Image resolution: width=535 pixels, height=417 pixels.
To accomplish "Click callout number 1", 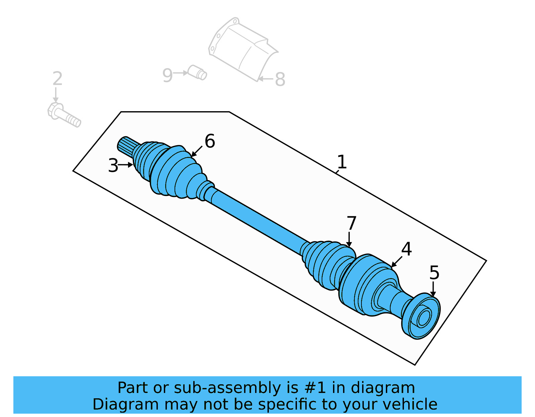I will [x=341, y=162].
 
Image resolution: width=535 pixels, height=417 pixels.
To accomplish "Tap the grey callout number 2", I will [x=58, y=79].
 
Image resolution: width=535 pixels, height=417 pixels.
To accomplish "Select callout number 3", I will [x=113, y=166].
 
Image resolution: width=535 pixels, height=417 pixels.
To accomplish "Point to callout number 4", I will [x=406, y=249].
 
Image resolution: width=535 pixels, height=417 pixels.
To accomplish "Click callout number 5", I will [x=434, y=273].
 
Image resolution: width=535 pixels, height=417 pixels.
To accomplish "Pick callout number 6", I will [x=210, y=141].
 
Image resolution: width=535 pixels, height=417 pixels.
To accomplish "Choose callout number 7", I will [x=351, y=223].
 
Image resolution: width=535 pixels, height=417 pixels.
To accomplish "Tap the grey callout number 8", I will [x=280, y=79].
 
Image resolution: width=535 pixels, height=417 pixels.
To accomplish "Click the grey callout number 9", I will [x=167, y=75].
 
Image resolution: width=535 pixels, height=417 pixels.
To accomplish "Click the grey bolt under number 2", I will [x=64, y=115].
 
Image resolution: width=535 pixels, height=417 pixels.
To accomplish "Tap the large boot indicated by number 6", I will [x=177, y=174].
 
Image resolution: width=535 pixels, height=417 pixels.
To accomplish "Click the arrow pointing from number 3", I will [x=126, y=165].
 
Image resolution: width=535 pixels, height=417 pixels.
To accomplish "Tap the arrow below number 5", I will [x=433, y=289].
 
